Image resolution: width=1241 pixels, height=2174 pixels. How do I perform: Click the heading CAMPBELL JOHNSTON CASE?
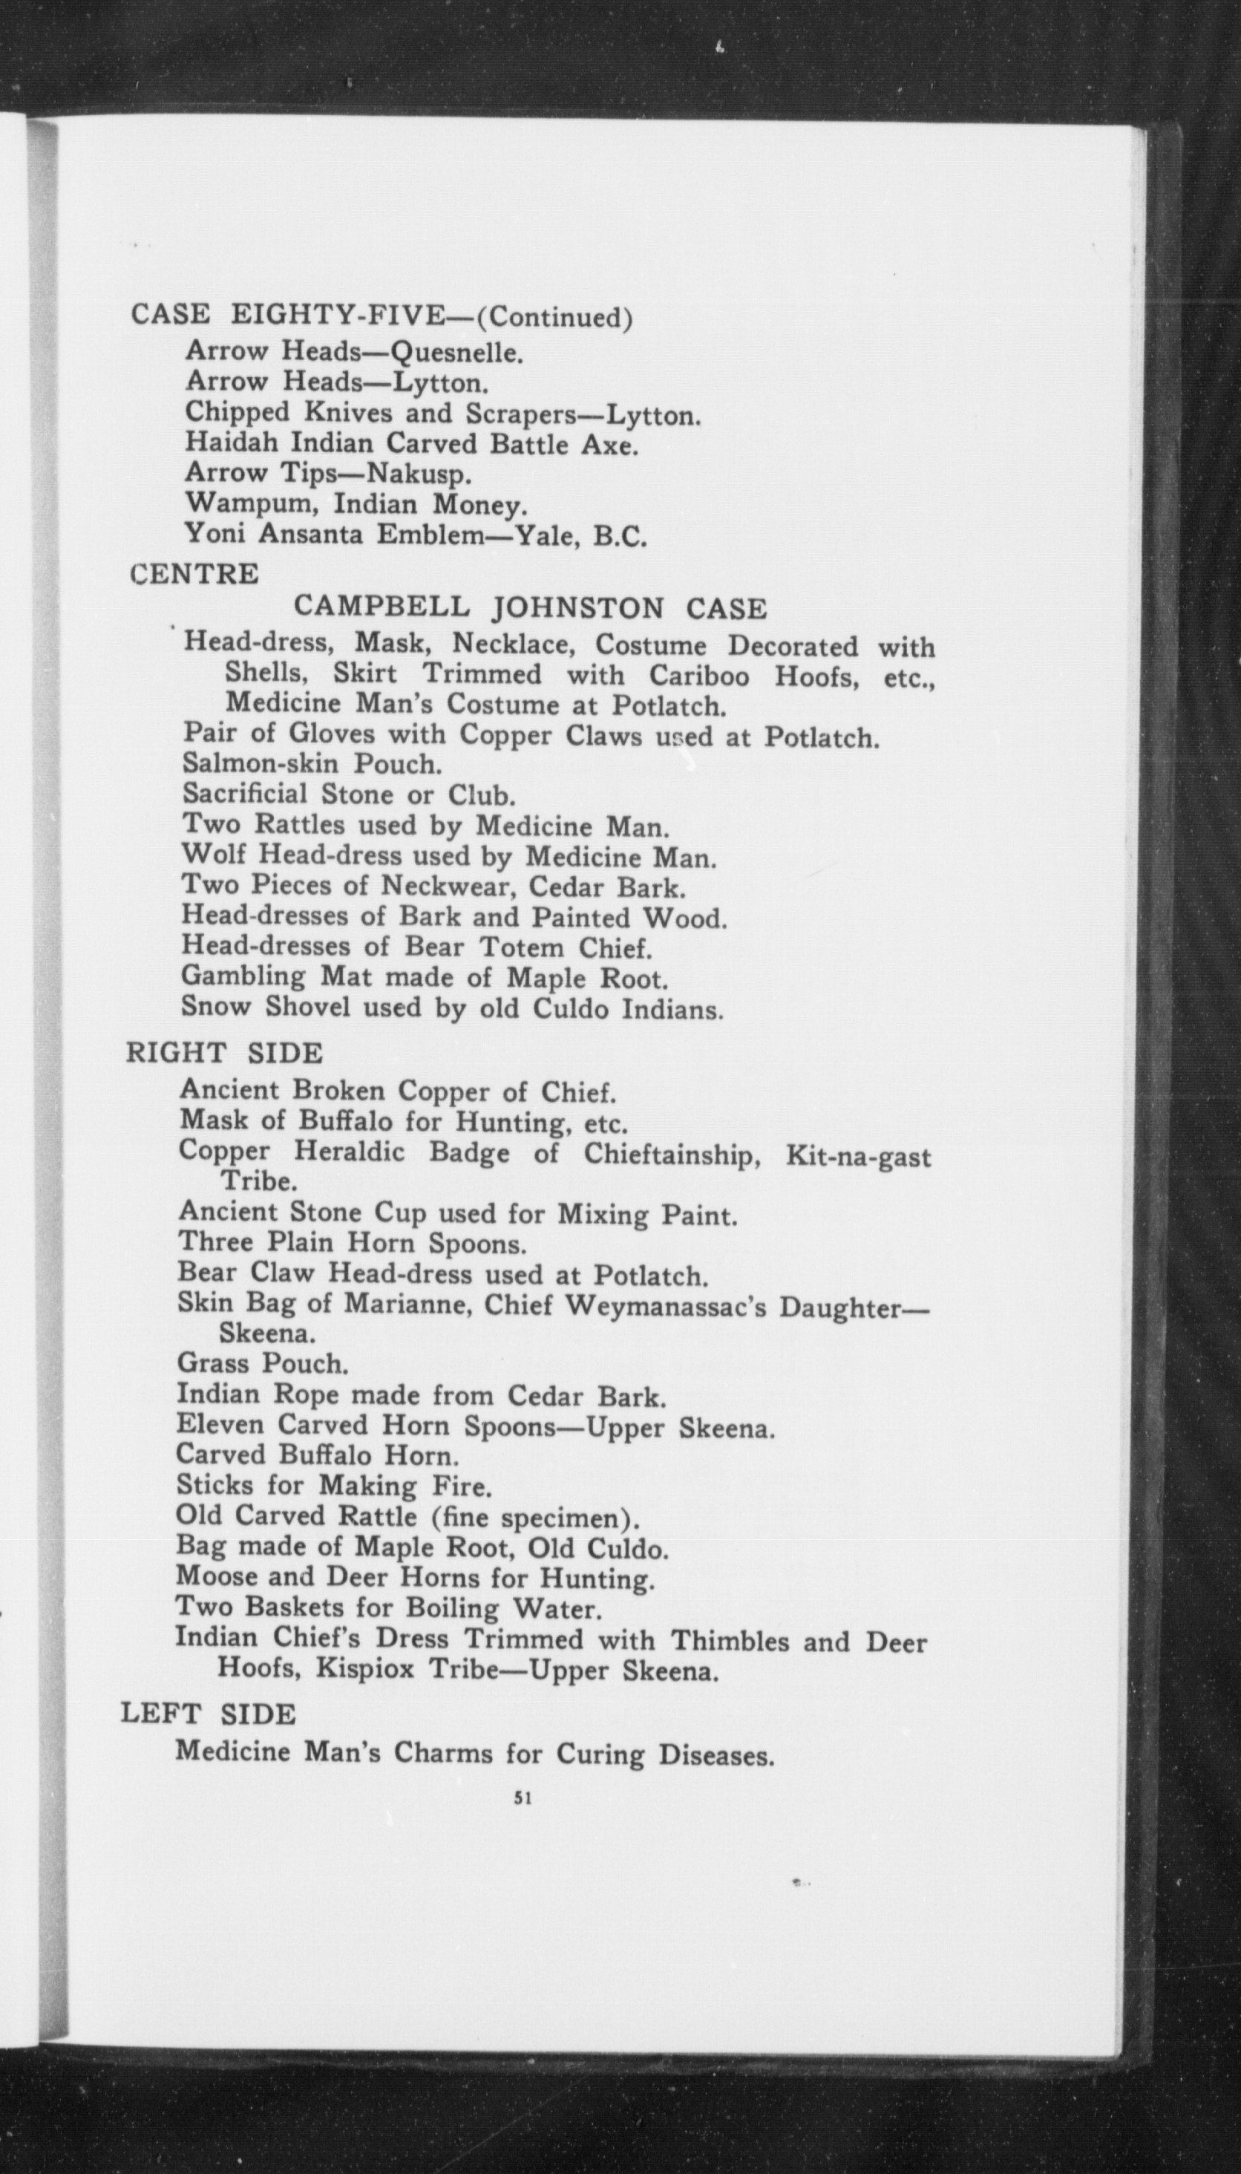pos(530,608)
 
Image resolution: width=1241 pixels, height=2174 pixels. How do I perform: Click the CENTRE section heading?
pos(194,575)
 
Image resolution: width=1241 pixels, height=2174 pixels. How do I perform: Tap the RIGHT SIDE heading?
pos(224,1053)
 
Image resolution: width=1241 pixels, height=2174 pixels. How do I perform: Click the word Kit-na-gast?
pos(858,1157)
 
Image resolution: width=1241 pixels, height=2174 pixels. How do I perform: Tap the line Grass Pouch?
pos(263,1363)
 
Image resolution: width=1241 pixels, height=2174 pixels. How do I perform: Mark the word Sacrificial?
pos(246,794)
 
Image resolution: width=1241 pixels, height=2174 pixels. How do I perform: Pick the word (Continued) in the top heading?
pos(554,317)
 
